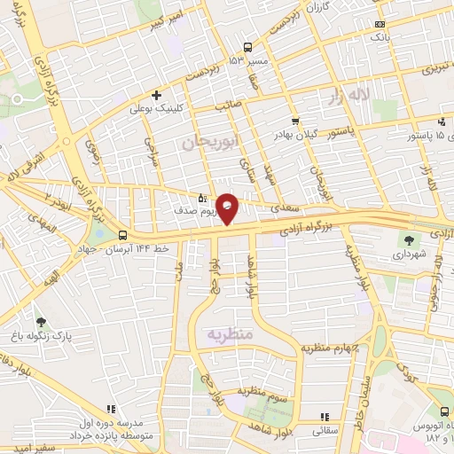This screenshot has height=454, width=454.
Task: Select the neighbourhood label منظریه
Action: coord(231,333)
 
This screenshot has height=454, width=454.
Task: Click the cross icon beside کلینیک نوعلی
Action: coord(157,95)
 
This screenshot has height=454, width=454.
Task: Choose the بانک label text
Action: coord(379,38)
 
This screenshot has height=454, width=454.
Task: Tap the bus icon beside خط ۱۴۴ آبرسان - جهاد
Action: coord(122,236)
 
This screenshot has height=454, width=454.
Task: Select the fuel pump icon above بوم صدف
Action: coord(203,198)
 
